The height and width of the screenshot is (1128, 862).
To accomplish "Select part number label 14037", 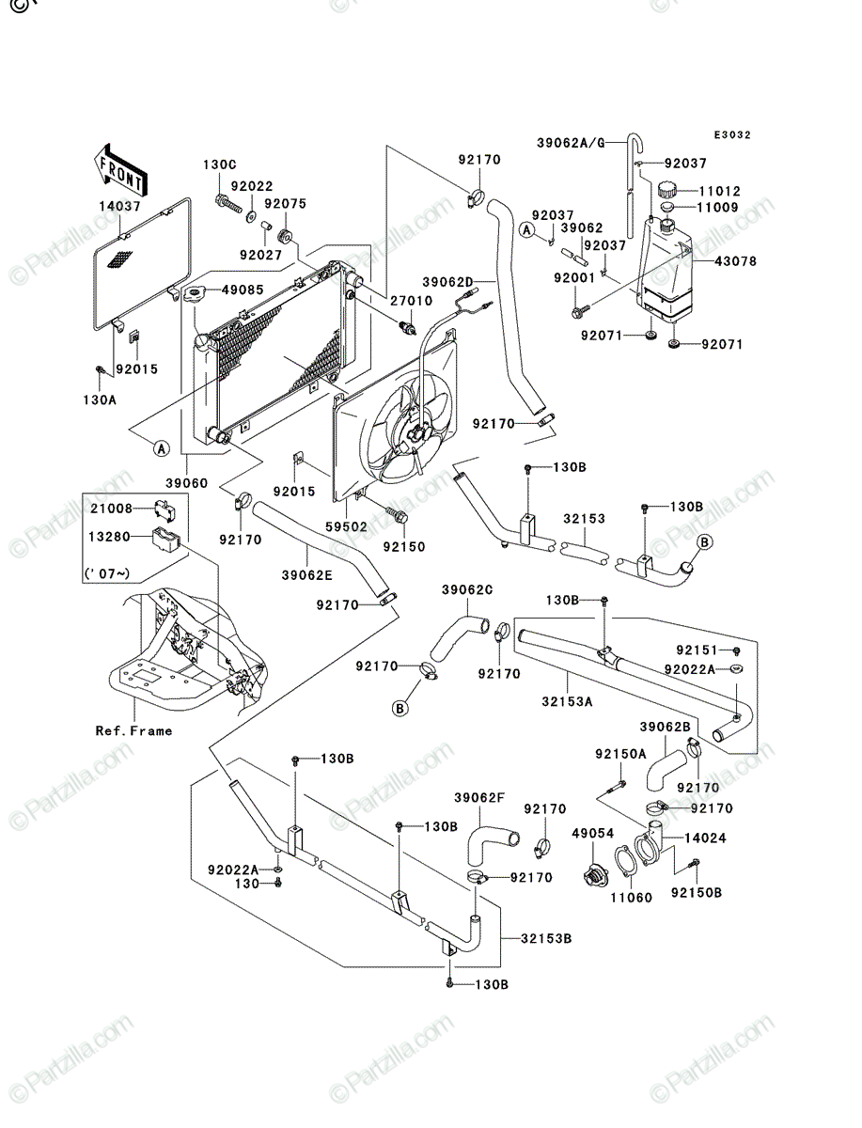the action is pos(119,206).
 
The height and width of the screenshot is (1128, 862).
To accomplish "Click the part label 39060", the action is pos(186,483).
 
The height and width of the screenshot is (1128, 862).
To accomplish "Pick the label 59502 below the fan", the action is pos(346,526).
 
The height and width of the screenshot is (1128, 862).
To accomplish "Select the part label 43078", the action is pos(736,261).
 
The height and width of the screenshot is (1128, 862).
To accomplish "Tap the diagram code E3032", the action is pos(732,135).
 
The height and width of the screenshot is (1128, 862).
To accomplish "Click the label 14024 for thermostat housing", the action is pos(706,838).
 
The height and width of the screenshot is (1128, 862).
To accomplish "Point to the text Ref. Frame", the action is pos(133,730).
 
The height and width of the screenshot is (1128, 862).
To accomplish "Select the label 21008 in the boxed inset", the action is pos(112,509).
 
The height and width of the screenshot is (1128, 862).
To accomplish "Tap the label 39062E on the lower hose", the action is pos(306,575).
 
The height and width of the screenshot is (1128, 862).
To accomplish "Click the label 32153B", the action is pos(546,938).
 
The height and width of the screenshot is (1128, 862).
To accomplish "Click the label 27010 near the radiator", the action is pos(411,301).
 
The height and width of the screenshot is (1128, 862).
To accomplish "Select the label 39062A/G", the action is pos(572,143).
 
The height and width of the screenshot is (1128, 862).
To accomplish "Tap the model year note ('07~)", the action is pos(107,572).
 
